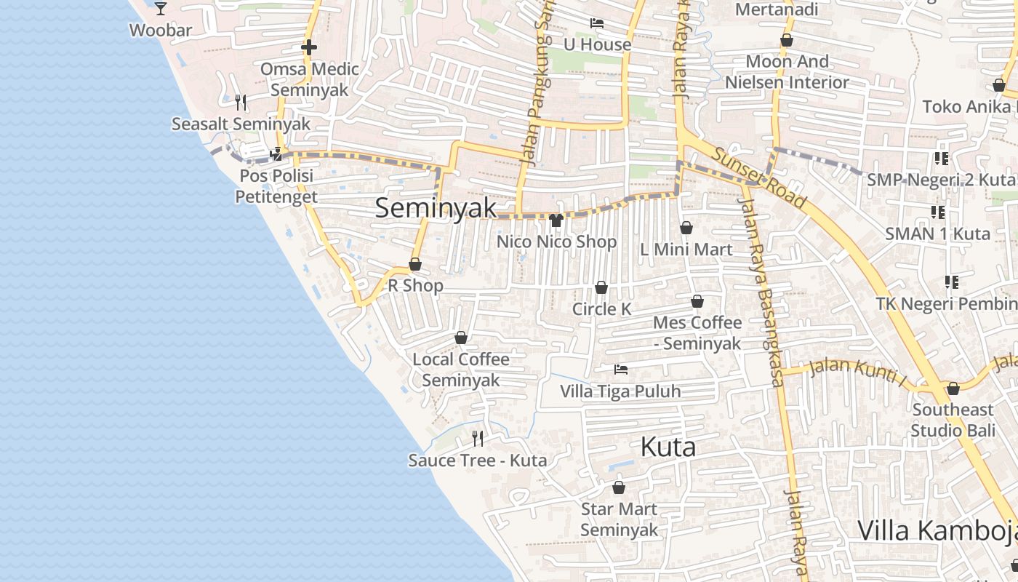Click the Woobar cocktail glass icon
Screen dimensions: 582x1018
pyautogui.click(x=161, y=9)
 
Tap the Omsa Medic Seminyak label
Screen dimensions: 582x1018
pyautogui.click(x=310, y=79)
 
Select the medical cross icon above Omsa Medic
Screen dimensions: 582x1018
pyautogui.click(x=309, y=48)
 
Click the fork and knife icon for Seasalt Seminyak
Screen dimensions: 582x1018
pyautogui.click(x=241, y=102)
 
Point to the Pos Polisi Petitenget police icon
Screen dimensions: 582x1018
pyautogui.click(x=276, y=154)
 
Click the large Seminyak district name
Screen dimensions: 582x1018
pyautogui.click(x=436, y=208)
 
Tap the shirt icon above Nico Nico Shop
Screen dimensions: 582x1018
pyautogui.click(x=556, y=220)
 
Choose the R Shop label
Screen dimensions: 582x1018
pyautogui.click(x=415, y=285)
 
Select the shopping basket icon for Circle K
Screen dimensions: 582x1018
pyautogui.click(x=601, y=287)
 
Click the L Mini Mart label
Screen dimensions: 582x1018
pyautogui.click(x=686, y=250)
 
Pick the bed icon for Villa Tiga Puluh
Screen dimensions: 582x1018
pyautogui.click(x=620, y=370)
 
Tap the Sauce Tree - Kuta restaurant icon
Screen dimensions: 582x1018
pyautogui.click(x=477, y=438)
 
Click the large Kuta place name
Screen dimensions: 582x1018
pyautogui.click(x=668, y=447)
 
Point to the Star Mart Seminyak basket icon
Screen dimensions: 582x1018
pyautogui.click(x=619, y=487)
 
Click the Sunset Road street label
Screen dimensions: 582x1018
pyautogui.click(x=759, y=178)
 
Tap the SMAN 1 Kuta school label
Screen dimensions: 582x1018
pyautogui.click(x=937, y=234)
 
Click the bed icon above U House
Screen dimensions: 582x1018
pyautogui.click(x=597, y=23)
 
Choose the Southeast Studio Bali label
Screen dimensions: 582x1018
pyautogui.click(x=953, y=420)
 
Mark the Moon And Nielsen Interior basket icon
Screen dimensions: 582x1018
pyautogui.click(x=786, y=40)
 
